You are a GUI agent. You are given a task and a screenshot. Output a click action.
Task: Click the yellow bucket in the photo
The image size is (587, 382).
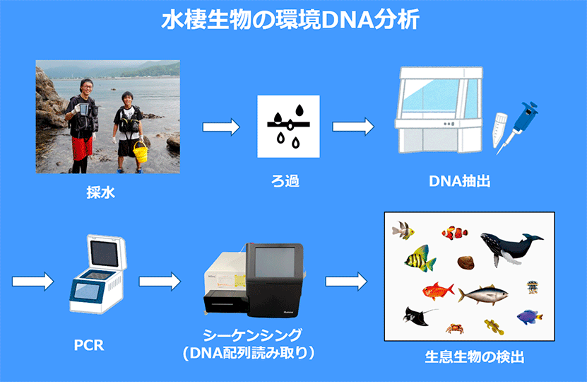point(141,152)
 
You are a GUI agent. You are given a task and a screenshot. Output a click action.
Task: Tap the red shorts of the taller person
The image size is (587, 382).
point(82,148)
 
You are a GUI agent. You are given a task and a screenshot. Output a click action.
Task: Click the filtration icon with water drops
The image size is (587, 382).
point(288,127)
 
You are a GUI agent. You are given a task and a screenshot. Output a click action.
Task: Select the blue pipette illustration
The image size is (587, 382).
point(518,127)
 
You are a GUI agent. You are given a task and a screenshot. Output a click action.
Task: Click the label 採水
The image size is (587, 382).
point(100,192)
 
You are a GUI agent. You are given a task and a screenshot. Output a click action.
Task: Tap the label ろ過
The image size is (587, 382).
point(285,181)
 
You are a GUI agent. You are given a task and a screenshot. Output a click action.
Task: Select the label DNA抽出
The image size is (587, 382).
point(460,181)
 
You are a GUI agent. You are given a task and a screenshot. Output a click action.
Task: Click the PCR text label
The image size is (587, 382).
point(89,345)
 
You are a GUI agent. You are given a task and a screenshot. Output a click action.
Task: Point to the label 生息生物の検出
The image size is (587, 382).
point(474,357)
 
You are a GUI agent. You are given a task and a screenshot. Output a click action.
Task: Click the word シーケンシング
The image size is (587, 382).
point(252,335)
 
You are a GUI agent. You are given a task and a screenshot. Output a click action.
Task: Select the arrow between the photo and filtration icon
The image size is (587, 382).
point(221,127)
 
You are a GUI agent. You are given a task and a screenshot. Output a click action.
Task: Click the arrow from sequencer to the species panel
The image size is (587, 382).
point(346,282)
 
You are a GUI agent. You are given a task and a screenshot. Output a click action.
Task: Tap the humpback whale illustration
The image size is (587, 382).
point(511,248)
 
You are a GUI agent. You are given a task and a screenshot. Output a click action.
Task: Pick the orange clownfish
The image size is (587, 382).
point(455,233)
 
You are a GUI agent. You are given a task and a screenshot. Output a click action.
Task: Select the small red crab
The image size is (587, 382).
point(454,329)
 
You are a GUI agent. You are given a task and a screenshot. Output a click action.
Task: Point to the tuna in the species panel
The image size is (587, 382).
point(483,295)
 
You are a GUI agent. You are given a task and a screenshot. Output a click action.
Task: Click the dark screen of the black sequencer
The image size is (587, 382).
point(274,262)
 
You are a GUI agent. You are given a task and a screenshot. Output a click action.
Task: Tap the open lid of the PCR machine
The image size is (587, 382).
point(107,253)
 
